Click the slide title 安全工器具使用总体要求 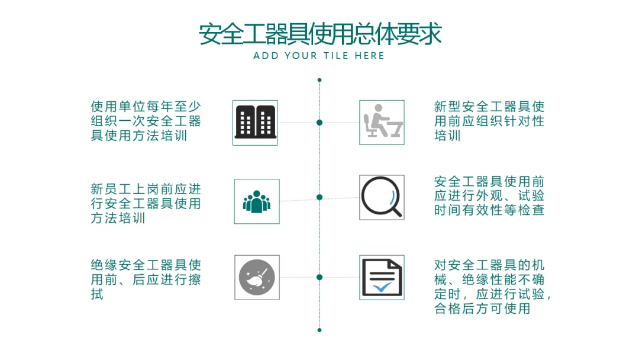click(320, 34)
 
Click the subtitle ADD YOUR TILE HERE click(319, 56)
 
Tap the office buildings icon click(255, 123)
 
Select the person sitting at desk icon click(382, 123)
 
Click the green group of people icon click(257, 201)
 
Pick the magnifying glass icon click(382, 197)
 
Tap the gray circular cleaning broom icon click(257, 277)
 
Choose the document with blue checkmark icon click(382, 277)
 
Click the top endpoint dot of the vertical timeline click(319, 80)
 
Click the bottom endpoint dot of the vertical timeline click(319, 330)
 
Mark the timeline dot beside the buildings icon click(319, 123)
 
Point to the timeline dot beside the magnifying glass click(319, 197)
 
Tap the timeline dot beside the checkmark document click(319, 277)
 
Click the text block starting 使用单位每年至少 click(146, 121)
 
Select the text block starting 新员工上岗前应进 click(146, 204)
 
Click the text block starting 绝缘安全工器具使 click(146, 279)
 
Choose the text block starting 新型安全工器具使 click(489, 121)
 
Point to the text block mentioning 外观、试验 click(489, 196)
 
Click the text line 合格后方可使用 click(482, 308)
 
